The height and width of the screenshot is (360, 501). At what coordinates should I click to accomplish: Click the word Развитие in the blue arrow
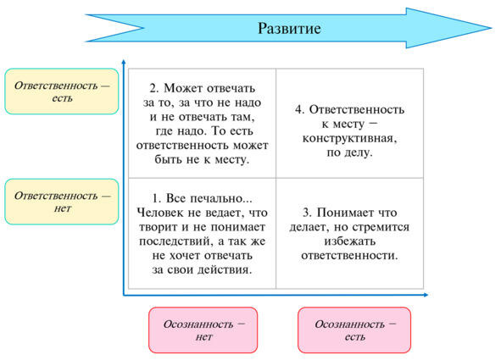(x=289, y=29)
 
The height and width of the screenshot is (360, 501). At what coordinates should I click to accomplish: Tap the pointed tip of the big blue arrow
(x=492, y=28)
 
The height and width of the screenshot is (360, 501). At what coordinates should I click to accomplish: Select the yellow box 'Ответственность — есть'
(x=62, y=91)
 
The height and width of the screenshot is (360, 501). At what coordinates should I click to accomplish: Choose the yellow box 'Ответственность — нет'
(x=62, y=202)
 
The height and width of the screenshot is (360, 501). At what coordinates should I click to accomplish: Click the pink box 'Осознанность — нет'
(x=203, y=330)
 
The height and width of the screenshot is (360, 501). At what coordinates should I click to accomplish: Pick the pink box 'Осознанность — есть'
(x=354, y=330)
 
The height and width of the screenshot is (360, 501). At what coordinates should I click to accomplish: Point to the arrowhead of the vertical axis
(x=124, y=61)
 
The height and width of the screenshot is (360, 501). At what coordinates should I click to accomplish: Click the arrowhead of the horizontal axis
(x=426, y=295)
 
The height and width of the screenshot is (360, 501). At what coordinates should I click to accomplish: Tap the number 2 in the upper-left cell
(x=153, y=88)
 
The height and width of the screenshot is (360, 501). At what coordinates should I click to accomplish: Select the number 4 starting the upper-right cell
(x=298, y=110)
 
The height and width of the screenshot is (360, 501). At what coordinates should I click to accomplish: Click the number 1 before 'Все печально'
(x=155, y=198)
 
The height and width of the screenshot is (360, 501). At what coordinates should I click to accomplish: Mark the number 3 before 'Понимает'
(x=306, y=213)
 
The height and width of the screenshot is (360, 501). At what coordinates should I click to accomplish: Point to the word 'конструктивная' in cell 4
(x=349, y=139)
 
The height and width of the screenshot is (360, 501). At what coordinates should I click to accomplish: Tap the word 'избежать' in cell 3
(x=350, y=241)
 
